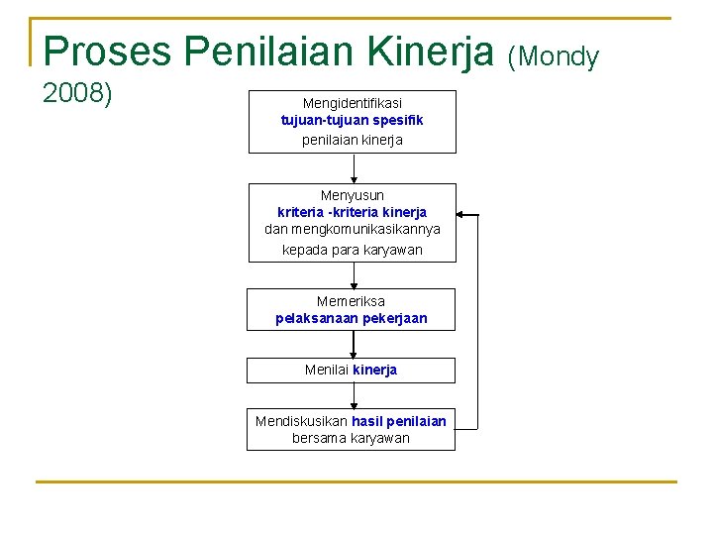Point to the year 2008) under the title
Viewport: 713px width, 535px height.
[77, 94]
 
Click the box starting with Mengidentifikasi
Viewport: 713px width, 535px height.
[352, 122]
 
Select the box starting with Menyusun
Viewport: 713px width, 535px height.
[352, 223]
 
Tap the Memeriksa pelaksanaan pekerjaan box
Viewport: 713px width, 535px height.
[352, 309]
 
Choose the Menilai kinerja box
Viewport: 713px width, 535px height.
[352, 371]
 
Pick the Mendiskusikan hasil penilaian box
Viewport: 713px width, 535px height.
[352, 429]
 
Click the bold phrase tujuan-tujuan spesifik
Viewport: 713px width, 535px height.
[352, 121]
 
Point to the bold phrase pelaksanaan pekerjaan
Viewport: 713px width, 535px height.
[352, 319]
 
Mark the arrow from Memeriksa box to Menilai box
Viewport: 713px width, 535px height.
[354, 344]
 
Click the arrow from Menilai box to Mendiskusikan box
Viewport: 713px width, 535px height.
[354, 395]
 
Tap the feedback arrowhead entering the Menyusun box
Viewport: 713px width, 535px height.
[462, 214]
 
